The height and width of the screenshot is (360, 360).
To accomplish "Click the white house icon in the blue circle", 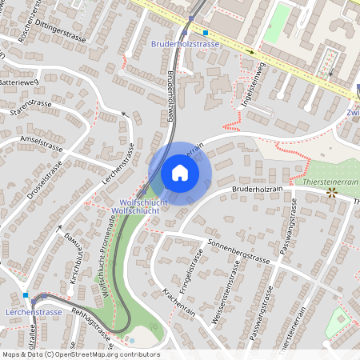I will (180, 172).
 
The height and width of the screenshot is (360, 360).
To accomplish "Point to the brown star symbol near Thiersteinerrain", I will (330, 194).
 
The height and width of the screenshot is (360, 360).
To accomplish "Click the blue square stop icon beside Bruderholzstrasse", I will (206, 33).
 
